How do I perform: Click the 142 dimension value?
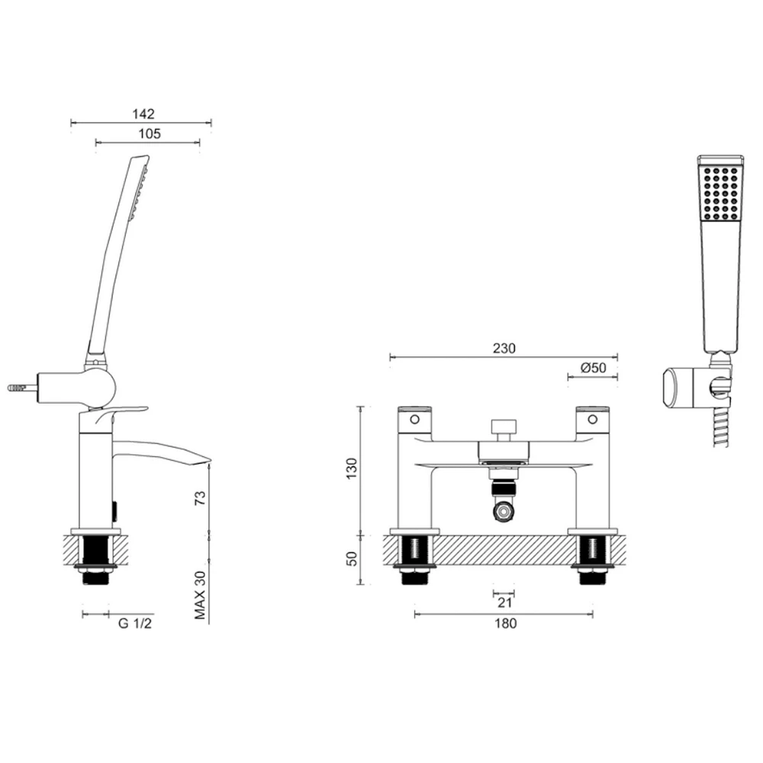tap(143, 114)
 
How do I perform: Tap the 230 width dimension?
tap(504, 349)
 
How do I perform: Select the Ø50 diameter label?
tap(593, 368)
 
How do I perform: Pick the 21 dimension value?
tap(504, 602)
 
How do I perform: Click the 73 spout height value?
tap(201, 501)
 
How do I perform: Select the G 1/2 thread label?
tap(134, 623)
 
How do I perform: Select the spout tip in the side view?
tap(204, 460)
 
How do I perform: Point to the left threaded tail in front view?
tap(414, 562)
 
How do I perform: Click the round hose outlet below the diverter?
tap(504, 511)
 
